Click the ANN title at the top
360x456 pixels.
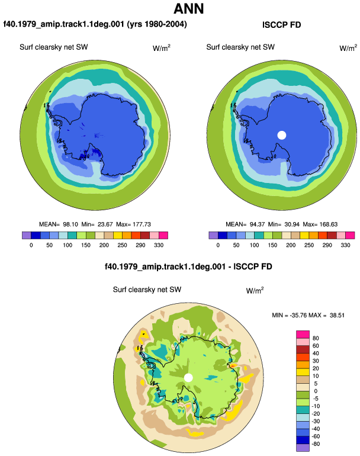[x=189, y=9]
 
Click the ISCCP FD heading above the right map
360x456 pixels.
[x=281, y=25]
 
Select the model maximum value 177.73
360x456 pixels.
[x=142, y=224]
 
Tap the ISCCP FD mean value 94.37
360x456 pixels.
[x=257, y=224]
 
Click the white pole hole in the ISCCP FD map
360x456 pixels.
[x=282, y=135]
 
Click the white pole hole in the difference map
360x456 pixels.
[x=188, y=378]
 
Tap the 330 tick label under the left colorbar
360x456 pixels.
[x=159, y=245]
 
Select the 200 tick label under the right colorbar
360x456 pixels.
[x=291, y=245]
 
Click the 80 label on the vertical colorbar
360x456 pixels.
[x=316, y=338]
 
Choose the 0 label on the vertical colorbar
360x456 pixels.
[x=316, y=391]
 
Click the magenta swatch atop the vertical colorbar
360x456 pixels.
[x=303, y=335]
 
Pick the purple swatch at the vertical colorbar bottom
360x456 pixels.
[x=303, y=448]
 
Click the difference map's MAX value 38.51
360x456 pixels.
[x=337, y=315]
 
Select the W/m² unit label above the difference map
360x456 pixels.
[x=255, y=291]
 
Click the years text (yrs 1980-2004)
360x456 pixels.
[x=157, y=24]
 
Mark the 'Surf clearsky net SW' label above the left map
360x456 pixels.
[x=53, y=47]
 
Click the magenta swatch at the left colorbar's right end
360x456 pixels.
[x=163, y=235]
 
